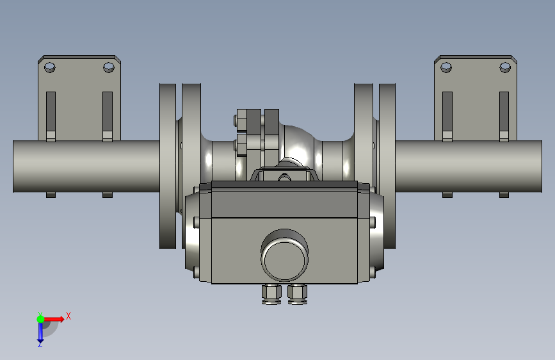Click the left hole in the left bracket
click(49, 67)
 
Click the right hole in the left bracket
click(109, 67)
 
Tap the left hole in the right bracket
click(446, 67)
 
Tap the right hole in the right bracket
click(505, 67)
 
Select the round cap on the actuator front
click(285, 255)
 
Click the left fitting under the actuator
click(271, 295)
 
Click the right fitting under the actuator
click(297, 295)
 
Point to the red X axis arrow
click(54, 319)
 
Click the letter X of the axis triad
click(68, 316)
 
